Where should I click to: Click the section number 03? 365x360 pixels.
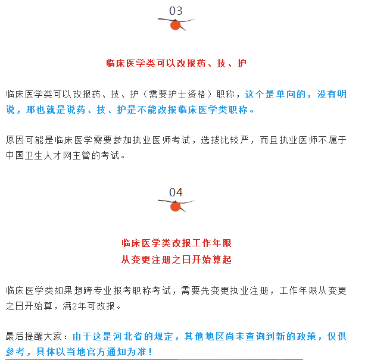pos(176,11)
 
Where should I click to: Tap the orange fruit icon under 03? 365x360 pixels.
pos(176,25)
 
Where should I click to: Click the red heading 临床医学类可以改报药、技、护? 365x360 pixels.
pos(176,62)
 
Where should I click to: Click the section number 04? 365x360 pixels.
pos(176,192)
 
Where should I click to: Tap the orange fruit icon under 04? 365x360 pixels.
pos(176,206)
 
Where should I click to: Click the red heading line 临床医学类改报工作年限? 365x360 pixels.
pos(176,243)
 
